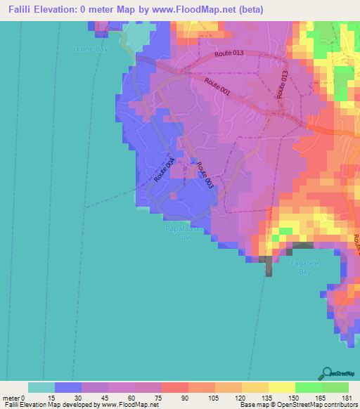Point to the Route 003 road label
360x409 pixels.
click(204, 175)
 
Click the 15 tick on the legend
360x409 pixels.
click(55, 397)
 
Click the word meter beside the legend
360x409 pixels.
click(13, 397)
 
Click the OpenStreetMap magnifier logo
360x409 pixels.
click(328, 372)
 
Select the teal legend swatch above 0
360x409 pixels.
click(41, 387)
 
